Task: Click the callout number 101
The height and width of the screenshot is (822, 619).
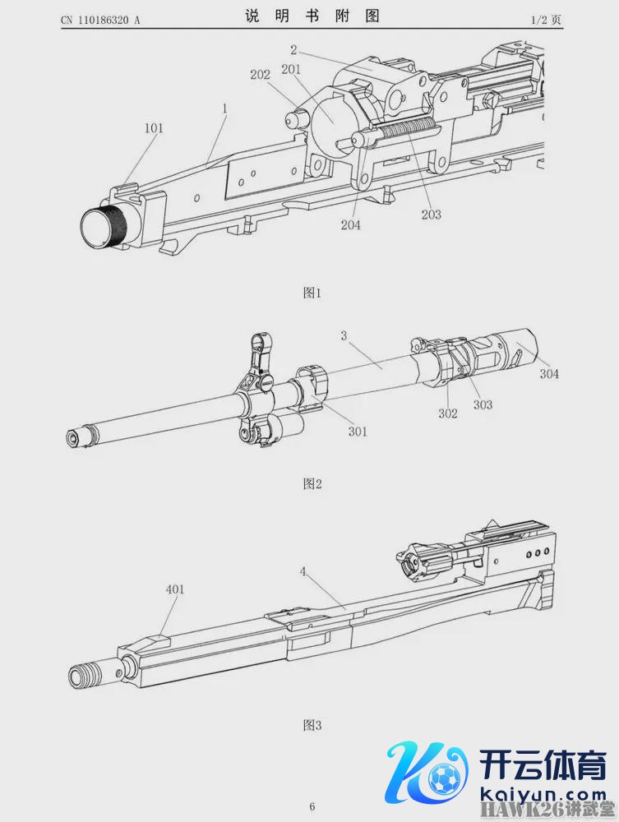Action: coord(154,128)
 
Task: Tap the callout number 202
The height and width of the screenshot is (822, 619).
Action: coord(260,75)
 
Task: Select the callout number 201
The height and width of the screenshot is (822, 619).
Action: coord(291,69)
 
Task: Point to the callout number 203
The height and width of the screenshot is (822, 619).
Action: coord(432,214)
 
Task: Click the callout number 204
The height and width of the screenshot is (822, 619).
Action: coord(351,224)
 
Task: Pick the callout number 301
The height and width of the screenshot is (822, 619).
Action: coord(358,432)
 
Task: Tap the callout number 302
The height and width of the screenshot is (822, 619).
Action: coord(448,413)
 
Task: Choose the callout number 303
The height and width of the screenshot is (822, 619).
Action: coord(483,404)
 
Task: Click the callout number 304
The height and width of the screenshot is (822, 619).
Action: coord(549,374)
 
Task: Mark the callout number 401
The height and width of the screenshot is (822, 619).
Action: coord(175,589)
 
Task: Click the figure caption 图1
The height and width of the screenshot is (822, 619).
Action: coord(312,293)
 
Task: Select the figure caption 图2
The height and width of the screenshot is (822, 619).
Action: coord(312,483)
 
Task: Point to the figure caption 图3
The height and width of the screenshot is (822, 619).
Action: coord(312,725)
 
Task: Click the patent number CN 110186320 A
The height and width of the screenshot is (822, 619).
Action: coord(100,20)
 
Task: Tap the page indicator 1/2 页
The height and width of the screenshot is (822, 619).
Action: coord(546,20)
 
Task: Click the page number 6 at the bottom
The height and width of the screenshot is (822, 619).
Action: coord(312,806)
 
